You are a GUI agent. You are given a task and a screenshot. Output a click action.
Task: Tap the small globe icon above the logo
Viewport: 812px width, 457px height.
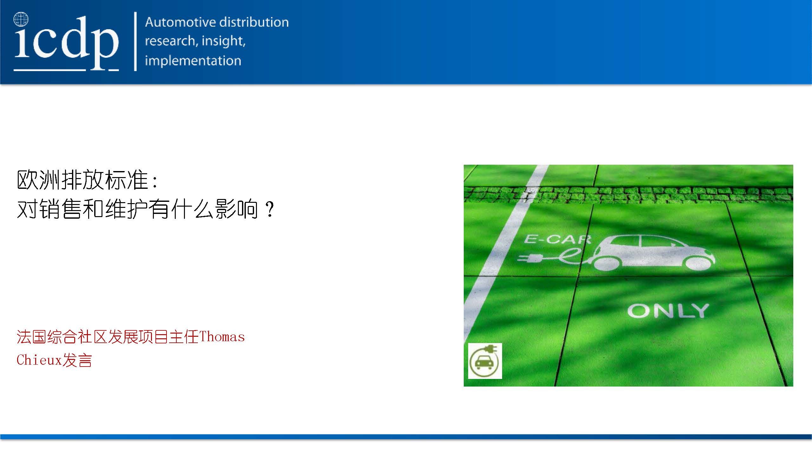click(21, 19)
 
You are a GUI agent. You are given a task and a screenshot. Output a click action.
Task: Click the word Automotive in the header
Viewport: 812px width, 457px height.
click(180, 22)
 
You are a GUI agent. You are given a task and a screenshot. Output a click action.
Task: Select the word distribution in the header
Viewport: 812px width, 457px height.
click(254, 22)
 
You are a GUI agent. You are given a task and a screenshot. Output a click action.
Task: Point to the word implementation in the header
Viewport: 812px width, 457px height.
click(193, 61)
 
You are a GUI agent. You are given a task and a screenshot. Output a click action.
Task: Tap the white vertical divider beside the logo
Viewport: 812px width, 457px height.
click(135, 41)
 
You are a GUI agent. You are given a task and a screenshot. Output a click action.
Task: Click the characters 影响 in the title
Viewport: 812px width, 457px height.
click(237, 209)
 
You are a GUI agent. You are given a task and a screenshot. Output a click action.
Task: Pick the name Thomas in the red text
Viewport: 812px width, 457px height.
click(222, 337)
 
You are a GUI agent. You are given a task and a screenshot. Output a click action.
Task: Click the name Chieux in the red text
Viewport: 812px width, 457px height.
click(39, 360)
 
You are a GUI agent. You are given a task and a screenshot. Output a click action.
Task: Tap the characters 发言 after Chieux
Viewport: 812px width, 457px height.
click(77, 360)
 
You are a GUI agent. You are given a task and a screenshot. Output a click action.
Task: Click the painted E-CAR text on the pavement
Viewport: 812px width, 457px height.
click(557, 239)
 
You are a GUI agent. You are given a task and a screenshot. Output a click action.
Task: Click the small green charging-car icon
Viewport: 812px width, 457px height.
click(485, 361)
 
